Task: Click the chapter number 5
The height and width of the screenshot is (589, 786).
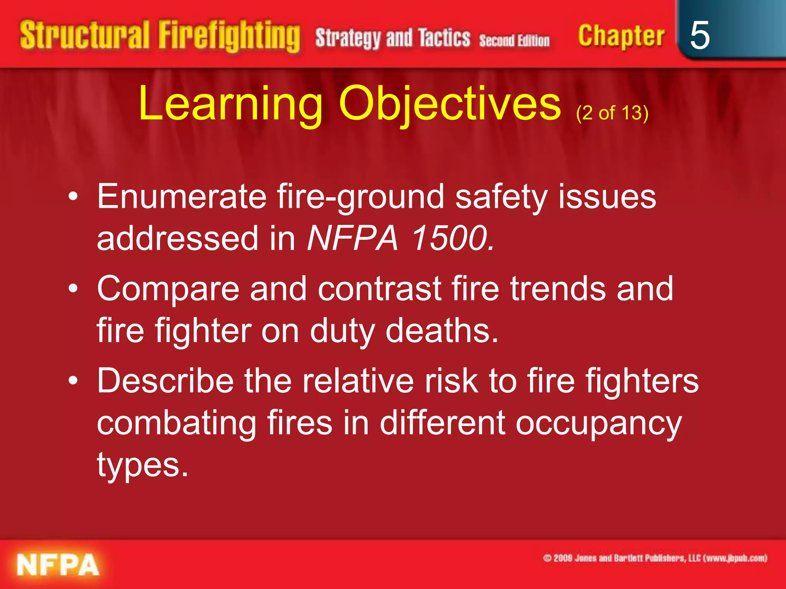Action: [x=699, y=35]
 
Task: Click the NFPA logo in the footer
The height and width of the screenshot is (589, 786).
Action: [x=58, y=565]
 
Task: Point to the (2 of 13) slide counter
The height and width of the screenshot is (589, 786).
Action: [x=612, y=113]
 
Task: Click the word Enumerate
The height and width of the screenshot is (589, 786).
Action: [x=182, y=196]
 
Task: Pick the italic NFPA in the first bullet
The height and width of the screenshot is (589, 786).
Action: [x=352, y=239]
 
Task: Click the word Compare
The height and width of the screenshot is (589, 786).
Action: [x=168, y=289]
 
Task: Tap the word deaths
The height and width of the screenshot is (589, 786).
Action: [x=442, y=331]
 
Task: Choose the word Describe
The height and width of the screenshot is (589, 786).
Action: [x=165, y=381]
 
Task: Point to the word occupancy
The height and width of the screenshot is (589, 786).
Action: [x=598, y=423]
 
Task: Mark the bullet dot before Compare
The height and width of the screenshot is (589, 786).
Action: [x=73, y=289]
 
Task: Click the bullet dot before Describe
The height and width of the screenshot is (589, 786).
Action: [x=73, y=381]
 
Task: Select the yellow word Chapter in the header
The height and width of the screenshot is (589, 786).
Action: [x=621, y=36]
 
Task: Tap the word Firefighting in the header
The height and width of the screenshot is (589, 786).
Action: [x=229, y=36]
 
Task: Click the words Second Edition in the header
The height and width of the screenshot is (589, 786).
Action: [x=514, y=40]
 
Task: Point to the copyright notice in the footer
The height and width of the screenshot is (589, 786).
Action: [x=655, y=558]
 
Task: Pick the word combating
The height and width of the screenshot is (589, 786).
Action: [x=177, y=423]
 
